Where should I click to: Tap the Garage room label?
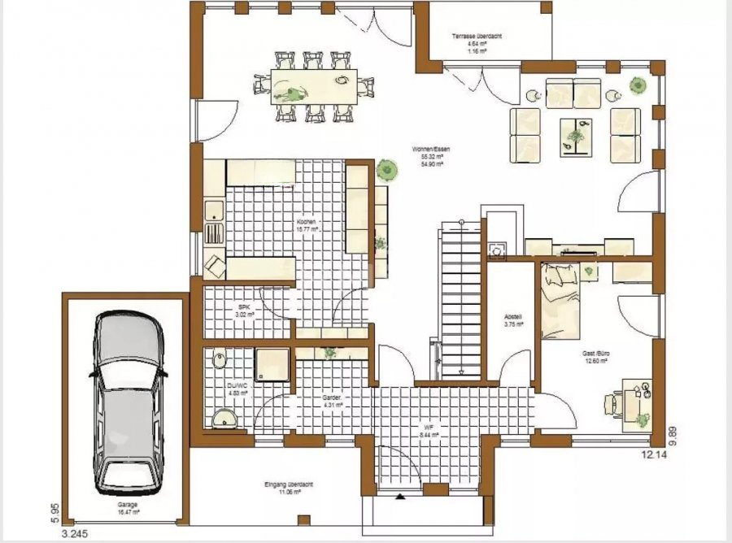126,505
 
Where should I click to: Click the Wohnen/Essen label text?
431,150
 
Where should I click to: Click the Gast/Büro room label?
596,354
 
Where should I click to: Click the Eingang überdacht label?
285,484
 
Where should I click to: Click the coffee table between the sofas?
577,135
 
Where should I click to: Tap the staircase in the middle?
460,301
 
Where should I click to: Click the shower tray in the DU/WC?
273,368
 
